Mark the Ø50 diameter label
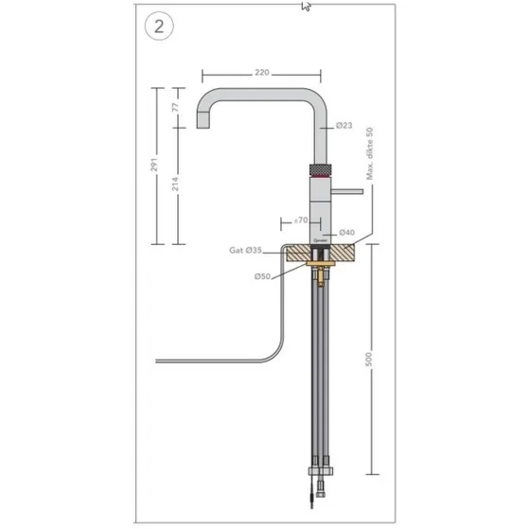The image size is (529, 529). click(262, 275)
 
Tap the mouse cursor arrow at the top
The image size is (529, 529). click(306, 6)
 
